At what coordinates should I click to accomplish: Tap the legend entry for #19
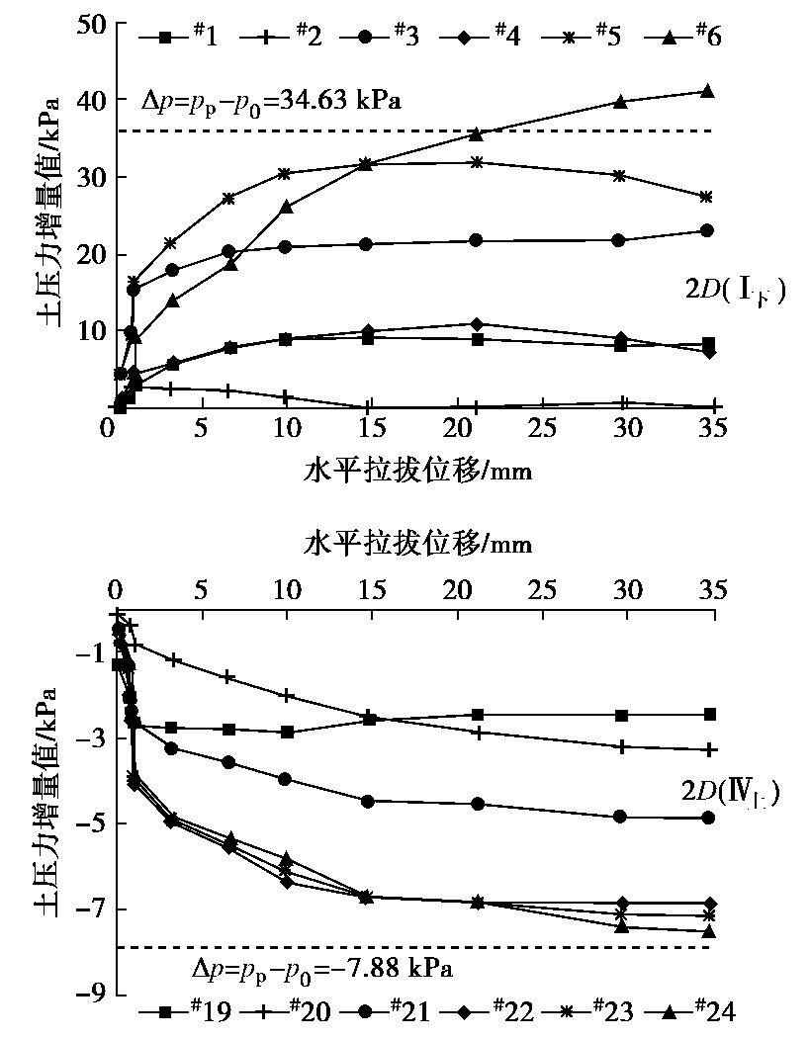(x=179, y=1011)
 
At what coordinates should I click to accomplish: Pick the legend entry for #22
(x=489, y=1011)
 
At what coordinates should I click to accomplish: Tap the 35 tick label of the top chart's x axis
(x=712, y=431)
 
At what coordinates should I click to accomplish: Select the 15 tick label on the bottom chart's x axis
(x=370, y=590)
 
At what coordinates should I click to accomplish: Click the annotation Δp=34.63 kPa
(x=270, y=100)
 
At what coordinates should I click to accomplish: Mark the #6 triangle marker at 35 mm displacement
(x=707, y=91)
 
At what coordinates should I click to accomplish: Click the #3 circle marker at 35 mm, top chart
(x=707, y=230)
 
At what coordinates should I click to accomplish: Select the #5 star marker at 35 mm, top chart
(x=706, y=197)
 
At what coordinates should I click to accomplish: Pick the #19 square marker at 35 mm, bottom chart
(x=708, y=714)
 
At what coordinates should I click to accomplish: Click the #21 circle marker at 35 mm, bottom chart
(x=708, y=818)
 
